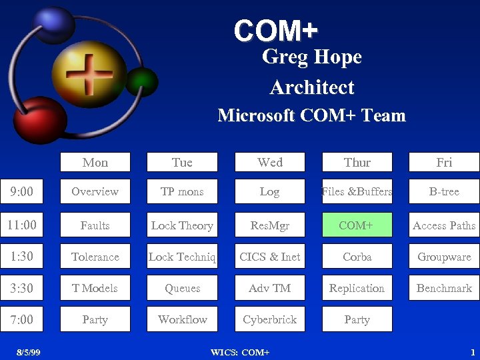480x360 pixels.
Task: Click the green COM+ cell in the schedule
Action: [x=357, y=225]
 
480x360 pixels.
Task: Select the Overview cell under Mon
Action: [x=95, y=191]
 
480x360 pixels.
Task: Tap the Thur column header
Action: [x=357, y=162]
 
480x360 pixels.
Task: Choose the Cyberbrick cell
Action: [x=269, y=319]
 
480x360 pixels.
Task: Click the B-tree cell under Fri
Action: [x=444, y=191]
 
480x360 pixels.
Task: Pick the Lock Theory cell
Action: [x=182, y=225]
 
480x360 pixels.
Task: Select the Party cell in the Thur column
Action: [x=357, y=319]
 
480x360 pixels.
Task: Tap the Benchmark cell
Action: [x=444, y=288]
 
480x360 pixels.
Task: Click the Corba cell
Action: [x=357, y=257]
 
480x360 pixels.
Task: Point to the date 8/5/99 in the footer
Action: [x=29, y=352]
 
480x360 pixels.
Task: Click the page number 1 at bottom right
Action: [x=472, y=352]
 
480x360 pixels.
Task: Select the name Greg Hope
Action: [x=311, y=57]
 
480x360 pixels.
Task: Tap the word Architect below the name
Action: [x=312, y=87]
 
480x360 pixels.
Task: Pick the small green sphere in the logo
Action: [x=142, y=82]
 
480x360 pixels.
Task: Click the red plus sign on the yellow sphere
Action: [x=89, y=73]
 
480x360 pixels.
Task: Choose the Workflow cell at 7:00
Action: [x=182, y=319]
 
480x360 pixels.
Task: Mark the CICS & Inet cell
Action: [x=269, y=257]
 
